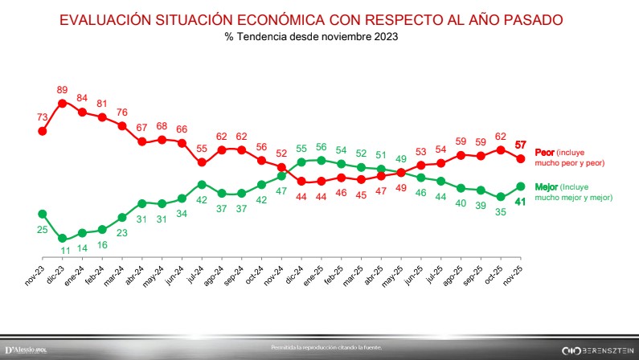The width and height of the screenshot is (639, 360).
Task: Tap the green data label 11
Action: click(62, 251)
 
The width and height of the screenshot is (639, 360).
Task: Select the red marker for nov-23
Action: click(42, 131)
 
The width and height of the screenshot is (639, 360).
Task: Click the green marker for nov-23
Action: click(42, 214)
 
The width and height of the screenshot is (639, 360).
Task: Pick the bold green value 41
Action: click(520, 202)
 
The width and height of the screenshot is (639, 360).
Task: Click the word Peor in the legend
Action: click(545, 152)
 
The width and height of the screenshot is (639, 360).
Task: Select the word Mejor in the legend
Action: click(547, 186)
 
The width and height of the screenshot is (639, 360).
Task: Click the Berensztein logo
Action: click(588, 350)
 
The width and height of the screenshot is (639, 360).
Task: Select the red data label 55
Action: click(202, 148)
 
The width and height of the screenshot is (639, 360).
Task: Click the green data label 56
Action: click(322, 147)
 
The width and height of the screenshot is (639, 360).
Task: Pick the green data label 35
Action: click(501, 212)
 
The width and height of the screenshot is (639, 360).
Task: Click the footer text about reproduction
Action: click(327, 347)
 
